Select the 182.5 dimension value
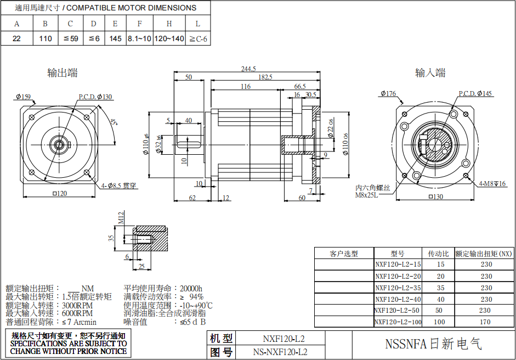265,78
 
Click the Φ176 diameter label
387,93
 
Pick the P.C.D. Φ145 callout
475,93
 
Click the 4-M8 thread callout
492,183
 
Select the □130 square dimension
434,196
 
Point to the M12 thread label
122,218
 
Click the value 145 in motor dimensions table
115,39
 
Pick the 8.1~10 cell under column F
139,39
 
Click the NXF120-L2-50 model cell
398,311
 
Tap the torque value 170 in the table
486,322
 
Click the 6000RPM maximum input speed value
77,313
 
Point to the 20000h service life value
190,288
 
